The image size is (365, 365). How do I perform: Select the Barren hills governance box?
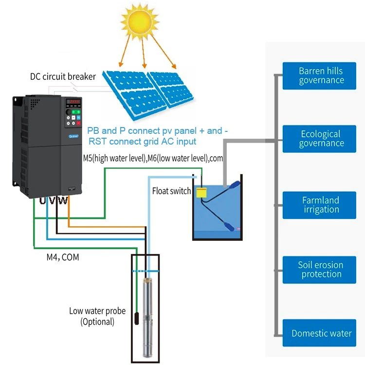[321, 75]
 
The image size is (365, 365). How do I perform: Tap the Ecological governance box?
[321, 139]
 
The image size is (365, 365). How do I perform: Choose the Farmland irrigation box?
[321, 205]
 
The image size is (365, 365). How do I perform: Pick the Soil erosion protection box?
[321, 270]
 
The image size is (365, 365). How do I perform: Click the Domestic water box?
[321, 333]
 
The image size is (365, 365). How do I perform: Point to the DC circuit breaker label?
[63, 76]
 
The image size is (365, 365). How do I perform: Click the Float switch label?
[171, 191]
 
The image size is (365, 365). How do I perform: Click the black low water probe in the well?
[137, 319]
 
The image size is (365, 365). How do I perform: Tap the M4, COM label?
[59, 257]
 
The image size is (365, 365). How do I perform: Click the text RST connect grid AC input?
[142, 142]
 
